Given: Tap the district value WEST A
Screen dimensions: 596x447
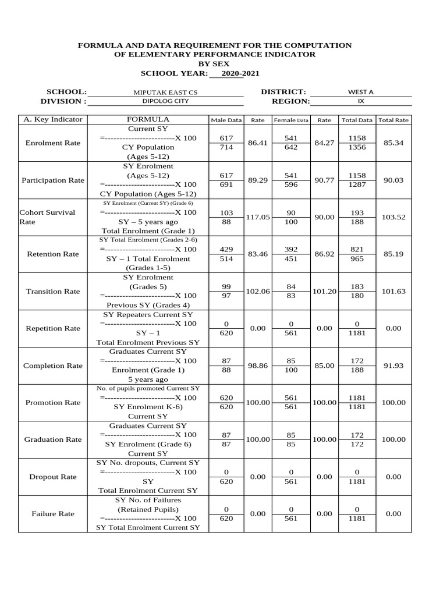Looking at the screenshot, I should point(360,92).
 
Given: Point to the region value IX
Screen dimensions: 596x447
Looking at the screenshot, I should point(360,101).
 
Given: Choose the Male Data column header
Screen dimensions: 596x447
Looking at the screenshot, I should point(226,120).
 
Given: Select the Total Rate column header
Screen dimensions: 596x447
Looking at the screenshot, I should point(393,120).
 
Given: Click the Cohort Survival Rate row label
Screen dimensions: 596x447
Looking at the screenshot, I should point(48,217).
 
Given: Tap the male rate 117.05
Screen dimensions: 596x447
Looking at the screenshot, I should point(258,217).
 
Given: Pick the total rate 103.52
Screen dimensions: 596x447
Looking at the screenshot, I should point(393,217).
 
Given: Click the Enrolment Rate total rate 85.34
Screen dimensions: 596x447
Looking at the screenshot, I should point(393,143).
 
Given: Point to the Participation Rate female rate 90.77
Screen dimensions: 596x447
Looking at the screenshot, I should point(324,180).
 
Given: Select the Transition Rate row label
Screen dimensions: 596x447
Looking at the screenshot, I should point(53,291).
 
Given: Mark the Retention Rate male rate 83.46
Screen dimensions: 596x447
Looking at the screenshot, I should point(258,254).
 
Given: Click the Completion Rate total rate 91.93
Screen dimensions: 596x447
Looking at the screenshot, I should point(393,366).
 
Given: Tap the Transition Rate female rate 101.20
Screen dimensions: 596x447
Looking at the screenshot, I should point(324,291).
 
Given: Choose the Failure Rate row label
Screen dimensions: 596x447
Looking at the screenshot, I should point(53,514).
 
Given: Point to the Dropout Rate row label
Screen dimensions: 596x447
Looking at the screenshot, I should point(53,477).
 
